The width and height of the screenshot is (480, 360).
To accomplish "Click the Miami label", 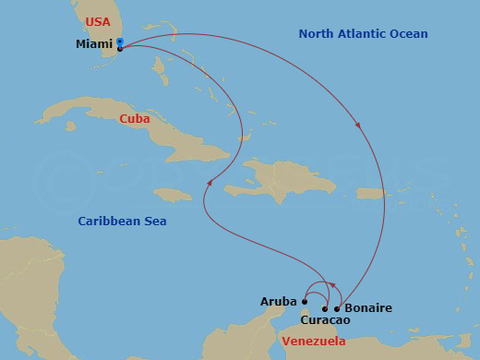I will [94, 44].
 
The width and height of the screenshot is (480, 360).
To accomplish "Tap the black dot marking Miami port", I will [121, 48].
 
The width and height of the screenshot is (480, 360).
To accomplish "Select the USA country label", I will [97, 20].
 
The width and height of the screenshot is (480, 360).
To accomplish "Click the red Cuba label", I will [135, 119].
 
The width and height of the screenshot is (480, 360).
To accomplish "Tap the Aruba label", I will [279, 302].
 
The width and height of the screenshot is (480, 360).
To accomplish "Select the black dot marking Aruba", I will [305, 301].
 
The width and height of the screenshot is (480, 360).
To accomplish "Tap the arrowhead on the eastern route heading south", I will [356, 127].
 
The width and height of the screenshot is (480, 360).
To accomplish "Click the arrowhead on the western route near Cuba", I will [210, 183].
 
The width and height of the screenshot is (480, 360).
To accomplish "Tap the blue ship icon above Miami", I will [121, 41].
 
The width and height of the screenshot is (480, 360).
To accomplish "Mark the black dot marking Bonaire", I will [337, 308].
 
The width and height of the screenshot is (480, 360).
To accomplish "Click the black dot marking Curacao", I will [324, 308].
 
